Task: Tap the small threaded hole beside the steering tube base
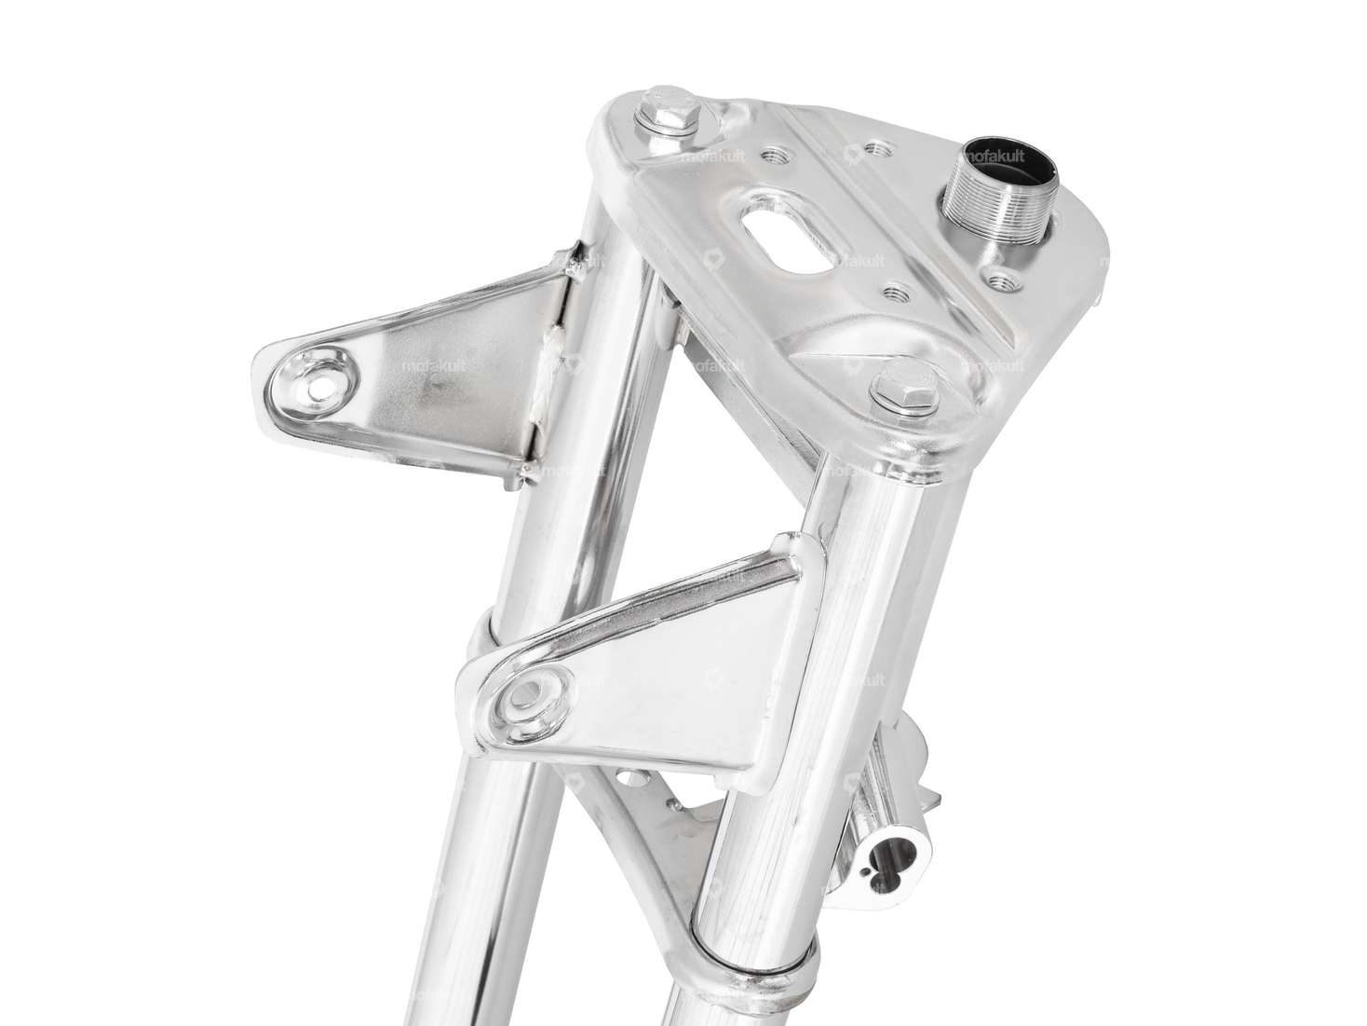coord(1003,278)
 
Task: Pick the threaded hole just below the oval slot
coord(896,289)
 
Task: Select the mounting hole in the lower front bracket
coord(534,694)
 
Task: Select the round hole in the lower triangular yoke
coord(637,776)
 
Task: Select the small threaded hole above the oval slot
coord(874,147)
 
